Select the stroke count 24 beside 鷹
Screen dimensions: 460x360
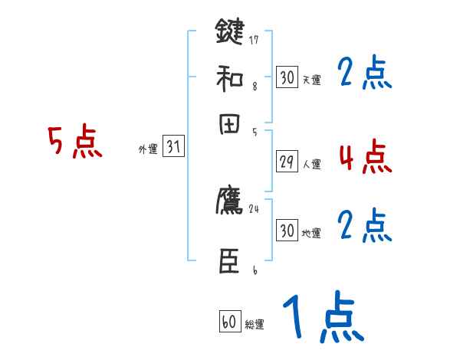click(x=254, y=208)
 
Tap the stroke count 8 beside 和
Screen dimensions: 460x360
click(x=254, y=86)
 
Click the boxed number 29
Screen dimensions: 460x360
click(x=287, y=162)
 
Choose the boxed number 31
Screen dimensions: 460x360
click(x=173, y=148)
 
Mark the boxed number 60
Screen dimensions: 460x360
click(x=229, y=322)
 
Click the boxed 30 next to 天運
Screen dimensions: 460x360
click(x=287, y=77)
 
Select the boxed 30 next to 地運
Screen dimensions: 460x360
click(x=287, y=230)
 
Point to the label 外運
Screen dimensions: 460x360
click(x=148, y=149)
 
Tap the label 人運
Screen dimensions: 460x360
click(x=311, y=164)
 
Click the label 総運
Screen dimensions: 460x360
click(x=254, y=325)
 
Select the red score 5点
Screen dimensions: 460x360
click(x=74, y=143)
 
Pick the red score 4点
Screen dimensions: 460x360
click(x=365, y=157)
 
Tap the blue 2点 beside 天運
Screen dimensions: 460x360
click(x=365, y=74)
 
